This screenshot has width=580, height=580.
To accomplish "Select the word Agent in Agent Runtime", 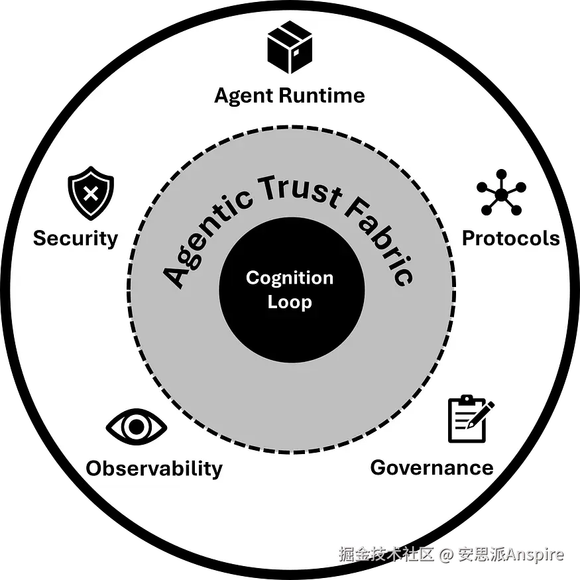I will [x=243, y=96].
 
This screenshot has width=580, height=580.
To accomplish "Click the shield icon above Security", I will [x=91, y=196].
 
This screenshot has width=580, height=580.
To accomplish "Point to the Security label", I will [x=76, y=238].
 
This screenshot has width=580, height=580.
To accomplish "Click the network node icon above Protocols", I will [x=501, y=194].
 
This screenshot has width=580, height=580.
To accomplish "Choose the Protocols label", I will [x=510, y=238].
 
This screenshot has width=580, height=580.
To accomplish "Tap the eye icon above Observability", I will [x=137, y=428].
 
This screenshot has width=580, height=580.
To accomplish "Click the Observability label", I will [x=154, y=469].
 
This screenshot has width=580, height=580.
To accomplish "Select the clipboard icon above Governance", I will [x=469, y=419].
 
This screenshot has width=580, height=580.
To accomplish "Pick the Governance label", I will [x=432, y=467].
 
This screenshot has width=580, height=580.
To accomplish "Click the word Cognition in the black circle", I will [x=290, y=278].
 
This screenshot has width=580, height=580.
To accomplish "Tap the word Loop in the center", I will [x=290, y=302].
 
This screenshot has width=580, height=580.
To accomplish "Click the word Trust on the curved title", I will [x=302, y=188].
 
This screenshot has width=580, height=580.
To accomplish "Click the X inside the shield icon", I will [x=91, y=195].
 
